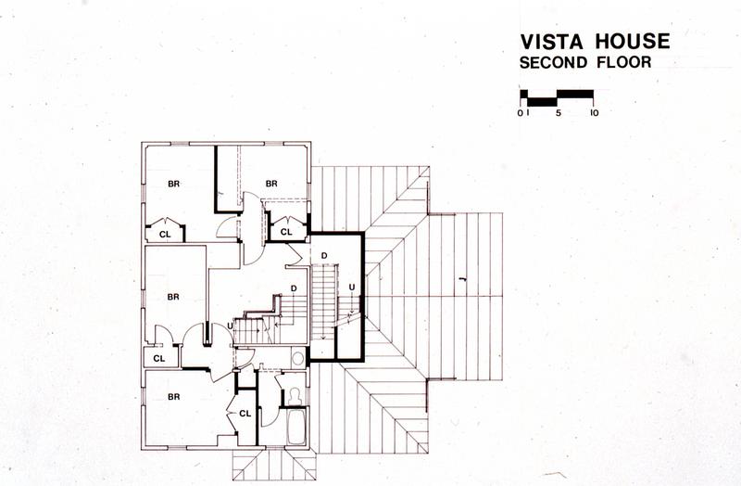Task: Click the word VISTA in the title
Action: click(551, 42)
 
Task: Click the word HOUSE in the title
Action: click(633, 41)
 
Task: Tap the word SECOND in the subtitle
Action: click(553, 62)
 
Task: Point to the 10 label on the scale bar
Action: click(594, 113)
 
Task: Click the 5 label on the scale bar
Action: click(559, 113)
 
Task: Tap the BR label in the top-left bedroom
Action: click(174, 184)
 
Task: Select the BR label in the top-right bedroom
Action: click(271, 183)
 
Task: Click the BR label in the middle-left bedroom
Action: click(173, 297)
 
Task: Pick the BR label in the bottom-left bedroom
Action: click(174, 397)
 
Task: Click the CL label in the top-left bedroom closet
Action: click(165, 235)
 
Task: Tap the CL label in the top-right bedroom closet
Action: click(286, 232)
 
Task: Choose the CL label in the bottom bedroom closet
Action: click(245, 414)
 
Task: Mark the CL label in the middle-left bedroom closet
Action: click(159, 359)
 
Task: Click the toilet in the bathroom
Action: click(295, 397)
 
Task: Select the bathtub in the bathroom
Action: click(296, 427)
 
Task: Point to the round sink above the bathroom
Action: click(297, 358)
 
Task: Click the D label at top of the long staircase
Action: click(324, 256)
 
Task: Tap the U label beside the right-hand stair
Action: click(352, 287)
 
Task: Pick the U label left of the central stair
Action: click(230, 326)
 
